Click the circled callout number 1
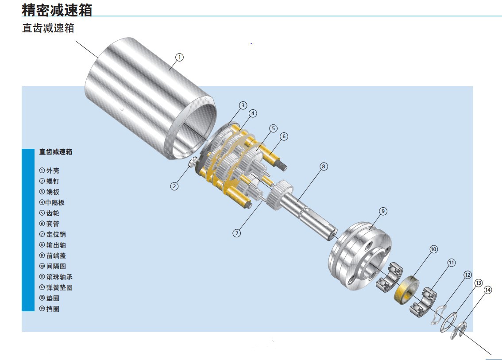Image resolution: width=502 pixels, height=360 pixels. pos(179,57)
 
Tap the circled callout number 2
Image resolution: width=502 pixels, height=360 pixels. pos(175,186)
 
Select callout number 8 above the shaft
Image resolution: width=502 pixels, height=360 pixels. pos(324,166)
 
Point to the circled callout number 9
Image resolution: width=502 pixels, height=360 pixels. pos(383,211)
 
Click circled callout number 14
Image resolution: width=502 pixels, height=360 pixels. pos(488,290)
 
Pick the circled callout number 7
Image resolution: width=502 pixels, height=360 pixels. pos(237,233)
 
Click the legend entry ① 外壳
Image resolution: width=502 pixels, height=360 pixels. pos(49,170)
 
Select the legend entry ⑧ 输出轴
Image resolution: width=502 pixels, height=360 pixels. pos(53,245)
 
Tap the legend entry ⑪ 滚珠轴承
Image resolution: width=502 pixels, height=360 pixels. pos(56,277)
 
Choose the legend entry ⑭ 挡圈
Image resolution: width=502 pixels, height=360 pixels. pos(49,309)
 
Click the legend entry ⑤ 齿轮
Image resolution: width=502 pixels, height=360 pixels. pos(49,213)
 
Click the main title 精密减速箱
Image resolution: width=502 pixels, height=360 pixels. pos(57,9)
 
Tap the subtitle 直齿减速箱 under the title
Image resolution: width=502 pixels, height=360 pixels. pos(48,28)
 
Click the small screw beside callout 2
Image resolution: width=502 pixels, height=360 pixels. pos(193,164)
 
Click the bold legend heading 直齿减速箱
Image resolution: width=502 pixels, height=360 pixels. pos(56,152)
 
